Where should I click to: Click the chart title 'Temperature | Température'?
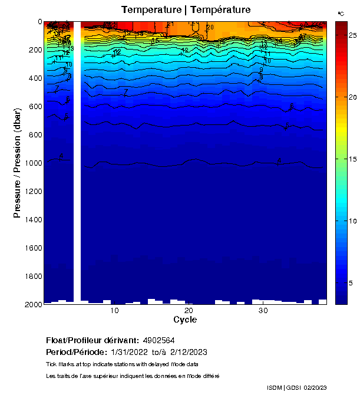tap(186, 10)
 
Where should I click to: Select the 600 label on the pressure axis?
tap(34, 106)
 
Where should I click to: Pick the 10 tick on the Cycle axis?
tap(114, 311)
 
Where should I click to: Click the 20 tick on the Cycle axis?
tap(189, 311)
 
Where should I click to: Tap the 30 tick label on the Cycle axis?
tap(263, 311)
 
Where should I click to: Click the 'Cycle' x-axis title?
tap(185, 320)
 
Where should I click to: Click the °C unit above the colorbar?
tap(341, 13)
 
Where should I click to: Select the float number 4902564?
tap(158, 341)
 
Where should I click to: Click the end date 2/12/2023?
tap(189, 352)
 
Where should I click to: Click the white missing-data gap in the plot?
tap(77, 159)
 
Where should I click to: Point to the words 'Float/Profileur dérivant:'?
tap(93, 341)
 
